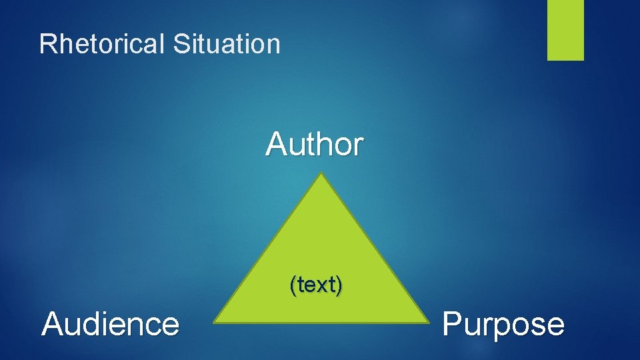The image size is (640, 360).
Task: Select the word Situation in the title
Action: [227, 44]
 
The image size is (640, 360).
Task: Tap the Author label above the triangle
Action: [315, 143]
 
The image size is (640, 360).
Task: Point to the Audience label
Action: [111, 325]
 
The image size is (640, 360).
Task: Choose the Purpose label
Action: [503, 325]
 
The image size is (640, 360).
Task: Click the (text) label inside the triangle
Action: [316, 285]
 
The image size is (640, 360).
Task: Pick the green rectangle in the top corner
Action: [565, 29]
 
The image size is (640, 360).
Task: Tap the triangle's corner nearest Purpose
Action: [428, 323]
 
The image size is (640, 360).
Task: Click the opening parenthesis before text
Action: [292, 285]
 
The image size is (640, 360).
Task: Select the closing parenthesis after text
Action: [339, 285]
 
